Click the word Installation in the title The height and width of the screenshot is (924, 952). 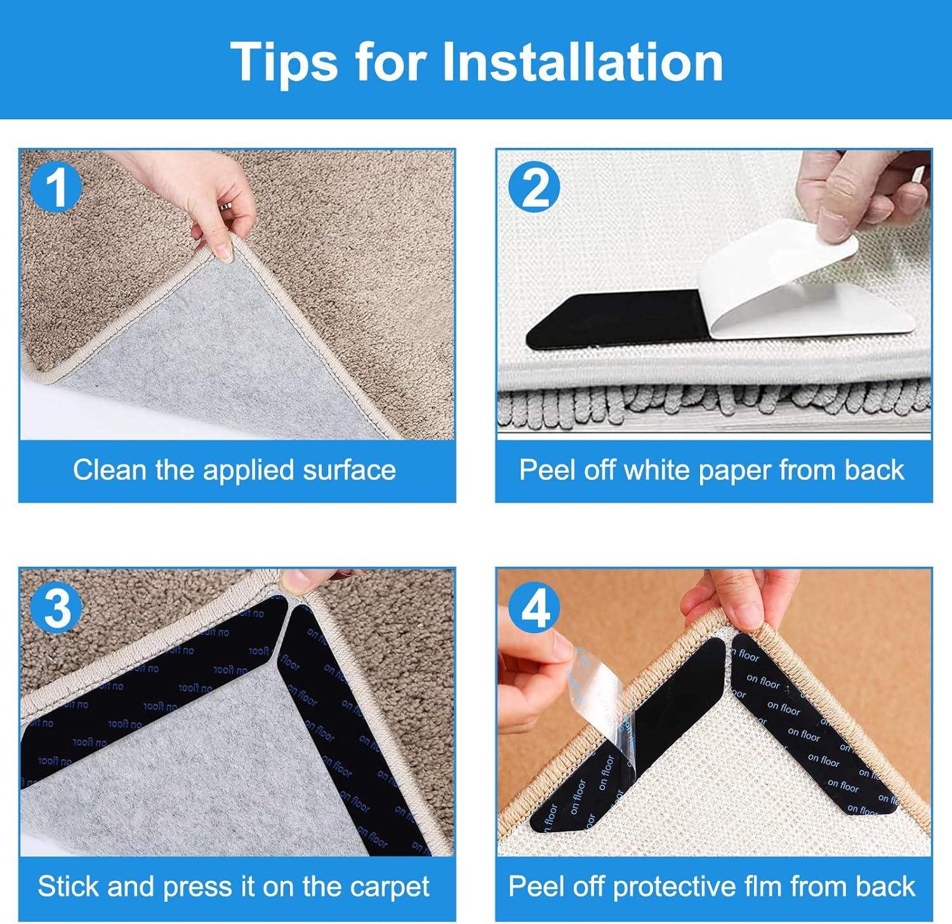click(582, 62)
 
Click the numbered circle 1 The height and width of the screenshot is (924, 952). click(56, 188)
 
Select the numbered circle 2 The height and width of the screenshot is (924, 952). click(534, 188)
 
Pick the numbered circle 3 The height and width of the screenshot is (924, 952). click(57, 607)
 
